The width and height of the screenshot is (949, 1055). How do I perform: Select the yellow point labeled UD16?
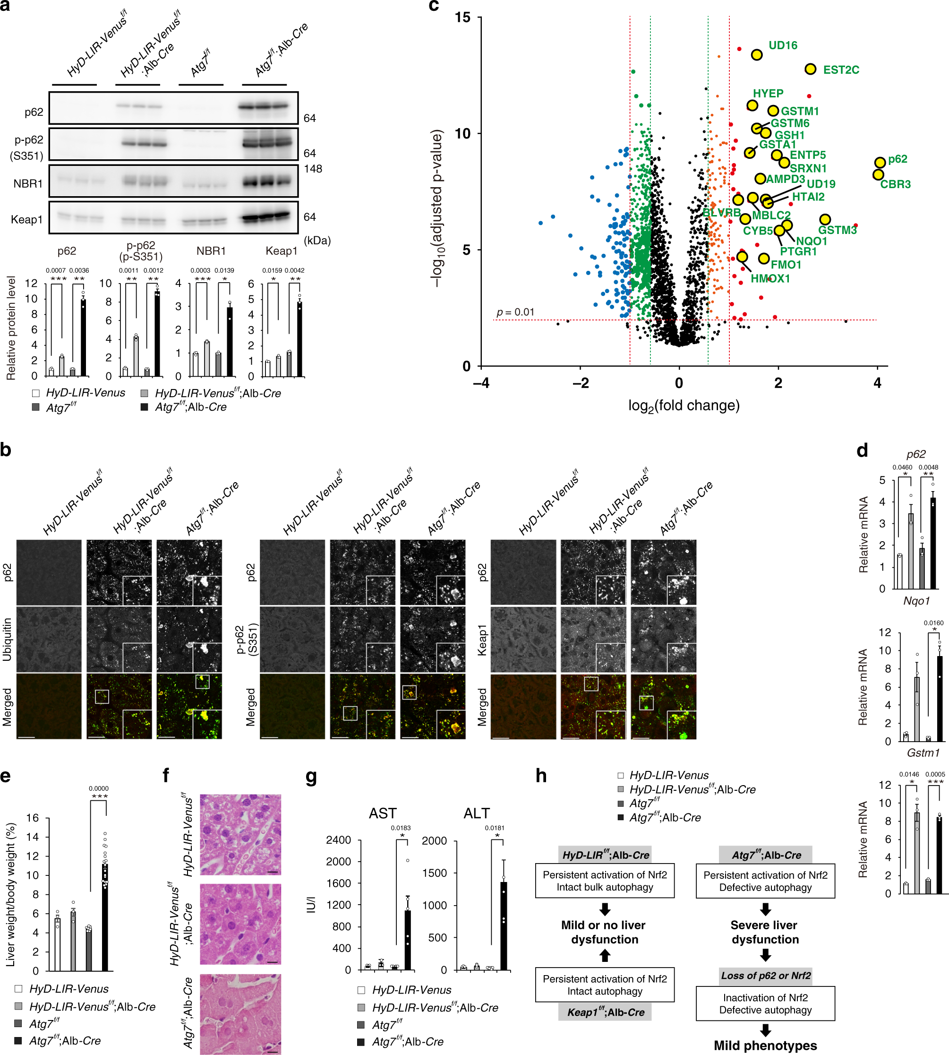(757, 55)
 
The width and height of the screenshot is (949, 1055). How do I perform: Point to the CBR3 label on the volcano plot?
(895, 184)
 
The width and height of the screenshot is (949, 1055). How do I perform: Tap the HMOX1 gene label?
(770, 278)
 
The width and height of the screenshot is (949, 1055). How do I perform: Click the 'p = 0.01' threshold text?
(515, 312)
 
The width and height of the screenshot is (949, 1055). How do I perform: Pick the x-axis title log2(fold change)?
(684, 406)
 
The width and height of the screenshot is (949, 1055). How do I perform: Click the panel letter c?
(434, 6)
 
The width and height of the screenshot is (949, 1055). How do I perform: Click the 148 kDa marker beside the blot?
(313, 169)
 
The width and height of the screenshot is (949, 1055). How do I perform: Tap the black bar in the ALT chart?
(504, 925)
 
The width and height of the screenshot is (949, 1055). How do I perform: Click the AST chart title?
(383, 813)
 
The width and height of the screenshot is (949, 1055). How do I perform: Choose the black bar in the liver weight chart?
(105, 917)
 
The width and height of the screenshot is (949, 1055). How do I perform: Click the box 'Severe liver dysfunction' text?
(764, 932)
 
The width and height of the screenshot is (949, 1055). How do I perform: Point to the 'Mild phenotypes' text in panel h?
(765, 1045)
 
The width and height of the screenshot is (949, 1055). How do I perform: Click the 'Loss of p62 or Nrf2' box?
(765, 975)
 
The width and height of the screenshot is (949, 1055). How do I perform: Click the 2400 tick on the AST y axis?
(338, 840)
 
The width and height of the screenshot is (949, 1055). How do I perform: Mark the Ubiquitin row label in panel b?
(7, 639)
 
